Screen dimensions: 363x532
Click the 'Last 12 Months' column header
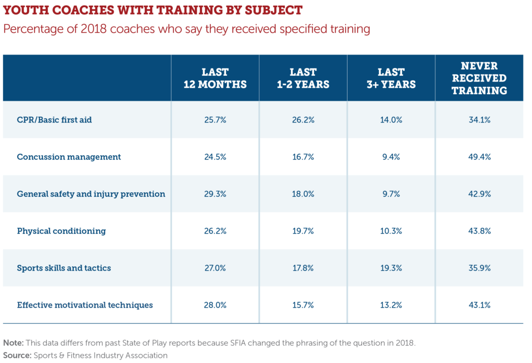click(x=215, y=78)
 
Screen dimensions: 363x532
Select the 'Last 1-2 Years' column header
click(x=303, y=78)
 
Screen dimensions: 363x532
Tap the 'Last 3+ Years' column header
click(x=391, y=78)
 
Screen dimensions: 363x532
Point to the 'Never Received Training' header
click(x=479, y=78)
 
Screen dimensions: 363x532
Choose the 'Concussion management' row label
click(x=69, y=157)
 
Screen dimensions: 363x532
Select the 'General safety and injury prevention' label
click(x=91, y=194)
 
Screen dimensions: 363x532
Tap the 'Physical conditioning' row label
click(x=61, y=231)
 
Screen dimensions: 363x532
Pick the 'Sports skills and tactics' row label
click(x=64, y=268)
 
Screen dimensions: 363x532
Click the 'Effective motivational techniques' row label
click(x=85, y=305)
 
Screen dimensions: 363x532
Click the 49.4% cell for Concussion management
click(x=479, y=157)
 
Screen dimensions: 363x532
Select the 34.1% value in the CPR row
click(x=479, y=119)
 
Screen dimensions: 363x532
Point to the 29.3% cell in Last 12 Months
click(x=215, y=194)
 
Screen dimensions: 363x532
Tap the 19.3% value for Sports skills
click(x=391, y=268)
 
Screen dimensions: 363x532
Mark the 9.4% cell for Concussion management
click(x=391, y=157)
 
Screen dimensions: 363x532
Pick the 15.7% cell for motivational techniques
click(x=303, y=305)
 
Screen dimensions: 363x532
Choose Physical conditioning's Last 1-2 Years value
click(x=303, y=231)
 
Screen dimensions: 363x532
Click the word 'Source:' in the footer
click(x=17, y=355)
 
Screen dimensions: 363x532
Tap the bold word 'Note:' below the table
click(x=14, y=343)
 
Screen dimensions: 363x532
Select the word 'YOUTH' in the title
click(x=23, y=10)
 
